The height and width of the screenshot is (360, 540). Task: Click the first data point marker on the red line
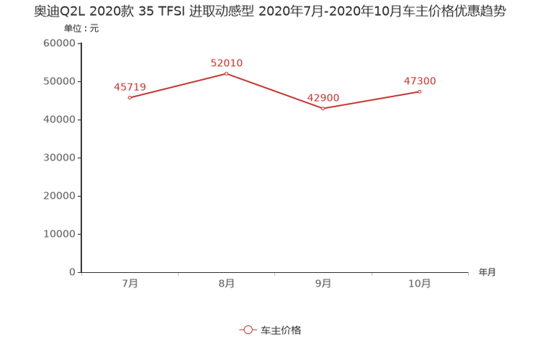[x=129, y=98]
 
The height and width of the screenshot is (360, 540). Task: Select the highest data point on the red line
[x=226, y=73]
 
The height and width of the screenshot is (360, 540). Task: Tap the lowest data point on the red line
[x=323, y=109]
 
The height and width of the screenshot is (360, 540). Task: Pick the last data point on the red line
[x=420, y=91]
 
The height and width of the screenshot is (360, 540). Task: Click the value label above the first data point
[x=129, y=86]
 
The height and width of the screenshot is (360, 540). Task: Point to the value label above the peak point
[x=226, y=62]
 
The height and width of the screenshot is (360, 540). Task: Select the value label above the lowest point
[x=323, y=97]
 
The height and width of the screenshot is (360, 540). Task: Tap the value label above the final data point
[x=420, y=80]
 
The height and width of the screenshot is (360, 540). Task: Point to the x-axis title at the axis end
[x=487, y=273]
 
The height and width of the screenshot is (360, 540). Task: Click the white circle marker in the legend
[x=248, y=330]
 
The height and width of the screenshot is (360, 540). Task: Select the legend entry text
[x=280, y=330]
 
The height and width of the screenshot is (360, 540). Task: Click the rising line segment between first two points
[x=178, y=86]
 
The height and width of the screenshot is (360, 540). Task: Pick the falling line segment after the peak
[x=274, y=91]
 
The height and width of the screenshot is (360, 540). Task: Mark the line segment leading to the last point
[x=372, y=100]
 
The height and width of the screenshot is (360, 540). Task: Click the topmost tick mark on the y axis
[x=79, y=43]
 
